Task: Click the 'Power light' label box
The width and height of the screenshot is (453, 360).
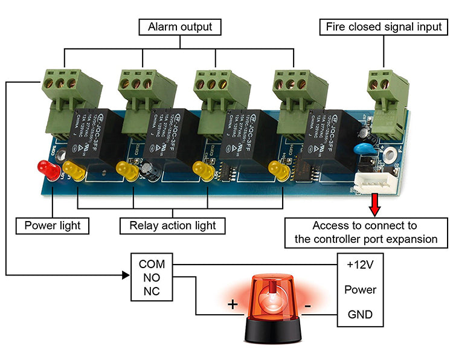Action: coord(53,226)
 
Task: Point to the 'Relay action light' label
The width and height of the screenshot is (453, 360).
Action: coord(172,226)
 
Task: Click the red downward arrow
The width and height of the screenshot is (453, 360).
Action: coord(376,204)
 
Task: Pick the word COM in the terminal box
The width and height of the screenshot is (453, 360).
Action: coord(152,264)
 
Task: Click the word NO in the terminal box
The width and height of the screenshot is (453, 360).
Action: coord(152,278)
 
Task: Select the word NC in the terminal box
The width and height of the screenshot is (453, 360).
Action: coord(152,292)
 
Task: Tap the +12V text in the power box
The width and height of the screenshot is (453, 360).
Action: coord(360,265)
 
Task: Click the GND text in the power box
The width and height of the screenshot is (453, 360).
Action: coord(360,315)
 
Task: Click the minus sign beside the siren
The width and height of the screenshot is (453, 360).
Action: coord(308,306)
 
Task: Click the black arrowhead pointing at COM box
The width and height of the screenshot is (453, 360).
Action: coord(126,275)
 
